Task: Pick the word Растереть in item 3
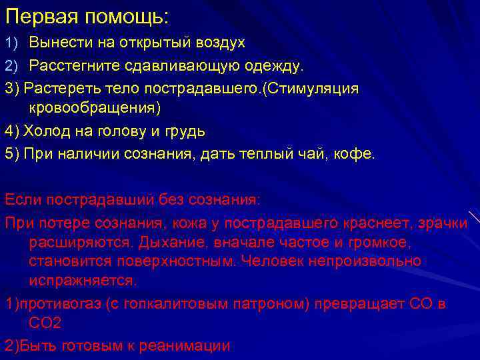(58, 89)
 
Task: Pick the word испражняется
(83, 280)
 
